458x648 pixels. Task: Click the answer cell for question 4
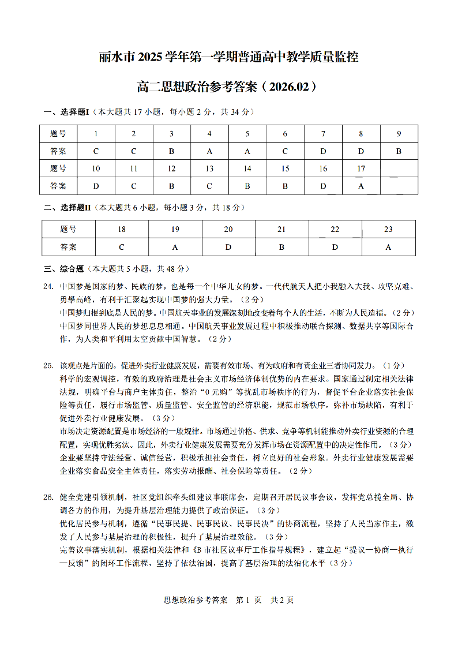[x=209, y=151]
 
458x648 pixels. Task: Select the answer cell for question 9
[x=399, y=151]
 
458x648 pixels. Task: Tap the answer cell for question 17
[x=361, y=186]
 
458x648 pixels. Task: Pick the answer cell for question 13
[x=209, y=186]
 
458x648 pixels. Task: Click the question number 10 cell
[x=96, y=168]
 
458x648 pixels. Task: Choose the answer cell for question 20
[x=228, y=247]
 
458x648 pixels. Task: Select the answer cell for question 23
[x=388, y=247]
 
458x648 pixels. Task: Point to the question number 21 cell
[x=281, y=230]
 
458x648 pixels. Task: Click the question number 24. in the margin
[x=48, y=286]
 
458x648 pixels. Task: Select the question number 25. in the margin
[x=48, y=365]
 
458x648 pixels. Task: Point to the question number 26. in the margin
[x=48, y=496]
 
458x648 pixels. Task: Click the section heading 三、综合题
[x=64, y=269]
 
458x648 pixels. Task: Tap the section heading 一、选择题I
[x=66, y=111]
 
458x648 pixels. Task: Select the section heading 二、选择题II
[x=67, y=207]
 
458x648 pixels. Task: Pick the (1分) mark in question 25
[x=395, y=365]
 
